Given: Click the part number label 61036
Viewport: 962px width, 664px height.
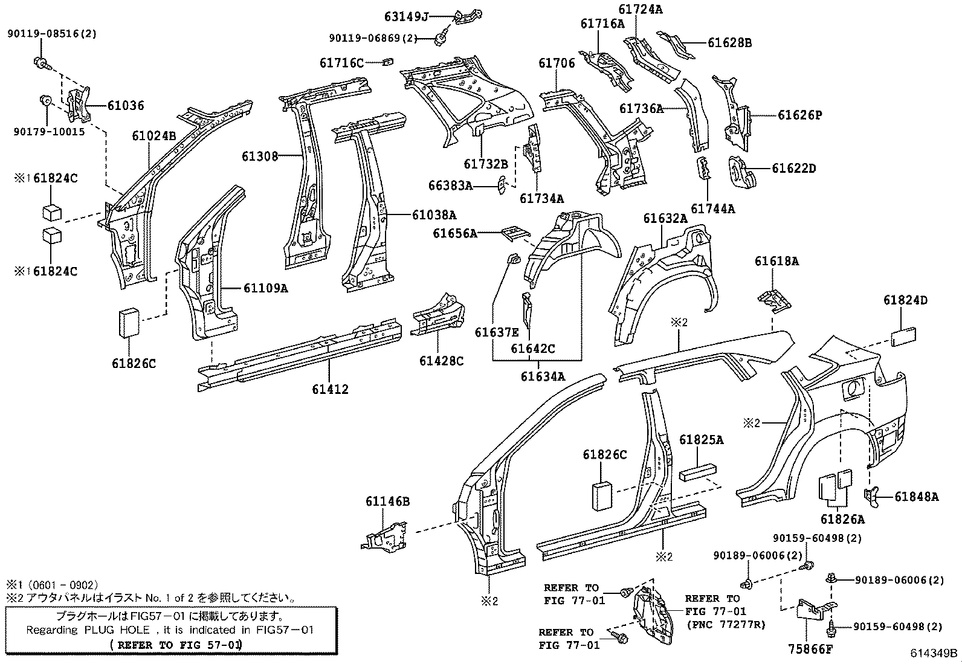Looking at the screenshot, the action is point(126,106).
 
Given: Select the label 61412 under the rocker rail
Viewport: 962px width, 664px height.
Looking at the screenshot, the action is point(330,390).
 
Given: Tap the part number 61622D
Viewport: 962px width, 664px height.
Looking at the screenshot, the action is point(793,168).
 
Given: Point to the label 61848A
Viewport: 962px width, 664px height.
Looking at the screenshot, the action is point(916,497).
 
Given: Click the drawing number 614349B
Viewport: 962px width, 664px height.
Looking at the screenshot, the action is point(934,653).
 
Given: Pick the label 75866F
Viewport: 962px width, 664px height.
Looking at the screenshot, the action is point(810,649).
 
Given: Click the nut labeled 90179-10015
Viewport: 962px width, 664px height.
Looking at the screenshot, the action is point(46,100).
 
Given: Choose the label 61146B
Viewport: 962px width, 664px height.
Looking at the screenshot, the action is point(387,501).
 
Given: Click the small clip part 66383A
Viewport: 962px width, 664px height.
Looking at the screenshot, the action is point(501,185).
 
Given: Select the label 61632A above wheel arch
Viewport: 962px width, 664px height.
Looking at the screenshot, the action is point(665,218).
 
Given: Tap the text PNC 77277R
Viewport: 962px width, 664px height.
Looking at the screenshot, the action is point(726,625).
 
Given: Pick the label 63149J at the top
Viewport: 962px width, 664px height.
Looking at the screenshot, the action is point(405,16).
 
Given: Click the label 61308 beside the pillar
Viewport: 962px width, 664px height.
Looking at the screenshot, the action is point(260,156).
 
